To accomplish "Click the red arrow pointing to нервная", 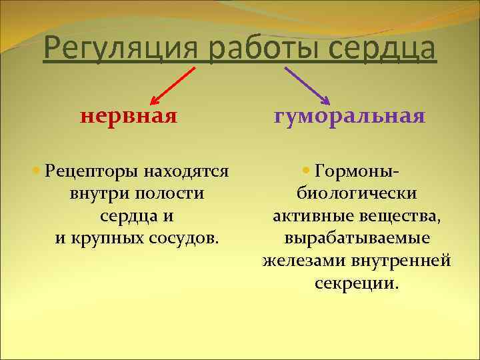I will (173, 85).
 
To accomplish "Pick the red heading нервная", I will (129, 117).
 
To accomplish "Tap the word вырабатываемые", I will (357, 239).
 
